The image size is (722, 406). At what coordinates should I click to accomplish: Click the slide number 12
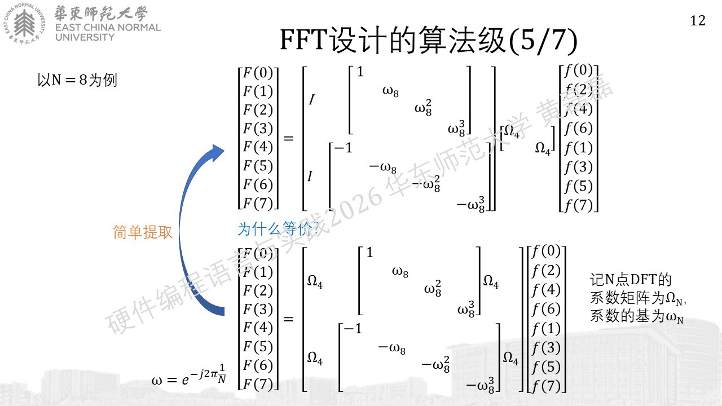coord(698,21)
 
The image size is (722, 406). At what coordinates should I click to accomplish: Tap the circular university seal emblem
coord(24,23)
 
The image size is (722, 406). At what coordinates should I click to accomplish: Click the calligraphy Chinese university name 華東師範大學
coord(101,14)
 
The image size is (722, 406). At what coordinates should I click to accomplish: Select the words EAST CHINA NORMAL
coord(108,28)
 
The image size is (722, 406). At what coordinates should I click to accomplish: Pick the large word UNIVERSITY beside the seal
coord(85,37)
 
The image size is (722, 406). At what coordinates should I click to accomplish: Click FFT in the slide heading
coord(303,40)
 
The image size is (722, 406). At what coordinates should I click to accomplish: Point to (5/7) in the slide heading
coord(543,41)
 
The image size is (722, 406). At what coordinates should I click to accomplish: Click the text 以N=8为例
coord(77,80)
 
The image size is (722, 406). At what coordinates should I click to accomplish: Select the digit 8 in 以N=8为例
coord(83,80)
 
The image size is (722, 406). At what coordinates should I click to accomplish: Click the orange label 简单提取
coord(143,232)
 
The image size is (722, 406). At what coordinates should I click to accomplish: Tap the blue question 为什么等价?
coord(279,229)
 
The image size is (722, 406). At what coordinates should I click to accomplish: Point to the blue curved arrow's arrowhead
coord(217,153)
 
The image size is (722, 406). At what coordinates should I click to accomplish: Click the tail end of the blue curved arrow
coord(220,311)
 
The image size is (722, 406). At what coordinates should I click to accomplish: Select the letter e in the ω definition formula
coord(185,381)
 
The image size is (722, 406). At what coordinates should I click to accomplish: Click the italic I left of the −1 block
coord(310,176)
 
